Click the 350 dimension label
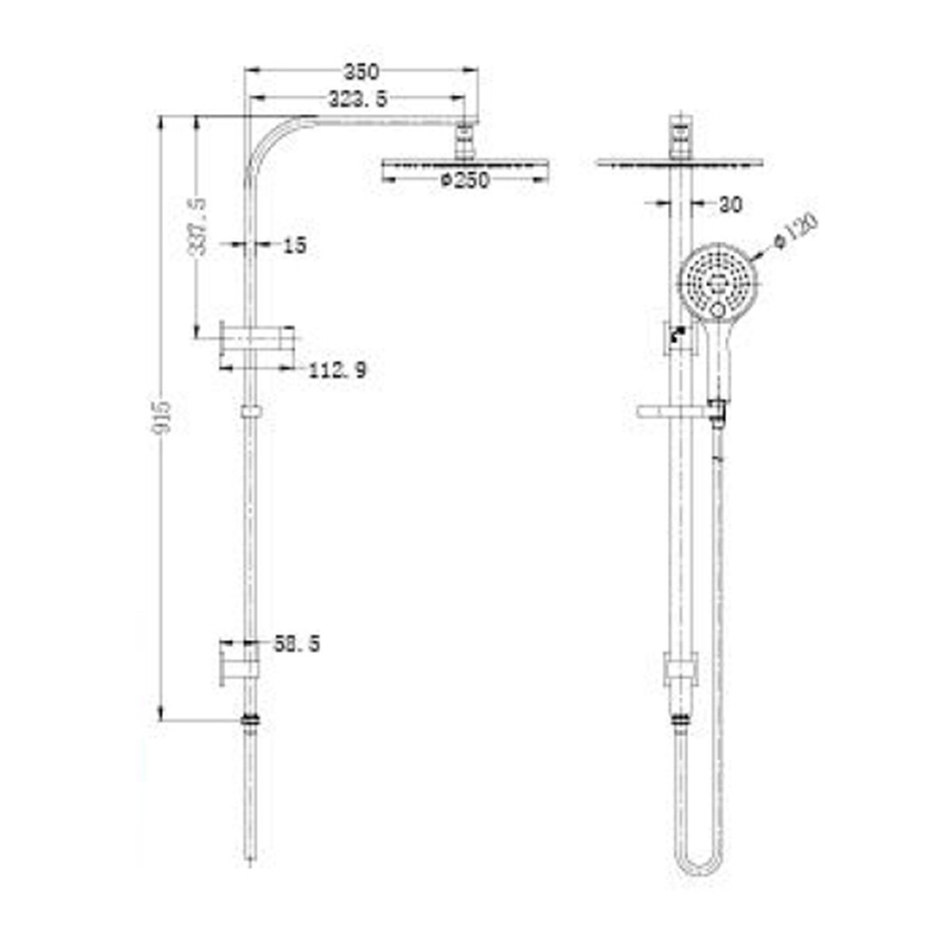(361, 72)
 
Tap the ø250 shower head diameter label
(464, 180)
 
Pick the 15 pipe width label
(295, 246)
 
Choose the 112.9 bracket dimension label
(337, 371)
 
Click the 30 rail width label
(729, 205)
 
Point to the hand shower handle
(718, 357)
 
